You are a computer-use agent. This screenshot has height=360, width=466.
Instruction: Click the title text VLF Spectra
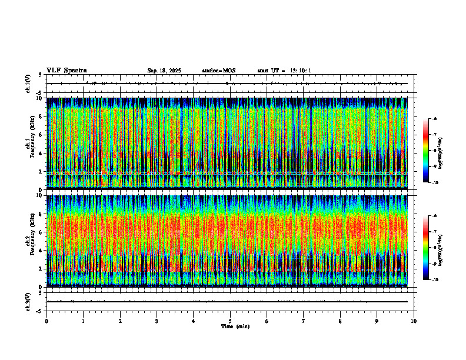tap(66, 71)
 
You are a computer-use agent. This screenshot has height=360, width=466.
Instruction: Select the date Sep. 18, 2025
tap(164, 71)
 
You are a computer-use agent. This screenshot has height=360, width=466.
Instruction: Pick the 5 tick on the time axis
tap(230, 321)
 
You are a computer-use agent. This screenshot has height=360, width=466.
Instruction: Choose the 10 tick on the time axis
tap(414, 321)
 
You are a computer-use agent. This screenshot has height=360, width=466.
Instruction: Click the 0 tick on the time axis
tap(46, 321)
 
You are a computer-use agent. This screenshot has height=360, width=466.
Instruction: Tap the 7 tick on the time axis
tap(304, 321)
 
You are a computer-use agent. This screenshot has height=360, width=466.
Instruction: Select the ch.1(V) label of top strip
tap(28, 84)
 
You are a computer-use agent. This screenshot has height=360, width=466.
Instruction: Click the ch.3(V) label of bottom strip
tap(28, 301)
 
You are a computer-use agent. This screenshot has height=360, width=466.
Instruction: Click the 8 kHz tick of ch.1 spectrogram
tap(42, 116)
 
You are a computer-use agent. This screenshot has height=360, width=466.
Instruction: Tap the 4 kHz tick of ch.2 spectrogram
tap(42, 250)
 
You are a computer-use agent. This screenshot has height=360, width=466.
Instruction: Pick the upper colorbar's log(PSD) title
tap(441, 151)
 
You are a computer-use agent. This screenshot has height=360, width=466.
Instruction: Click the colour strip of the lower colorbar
tap(425, 247)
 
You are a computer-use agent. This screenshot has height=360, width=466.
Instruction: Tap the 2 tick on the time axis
tap(120, 321)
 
